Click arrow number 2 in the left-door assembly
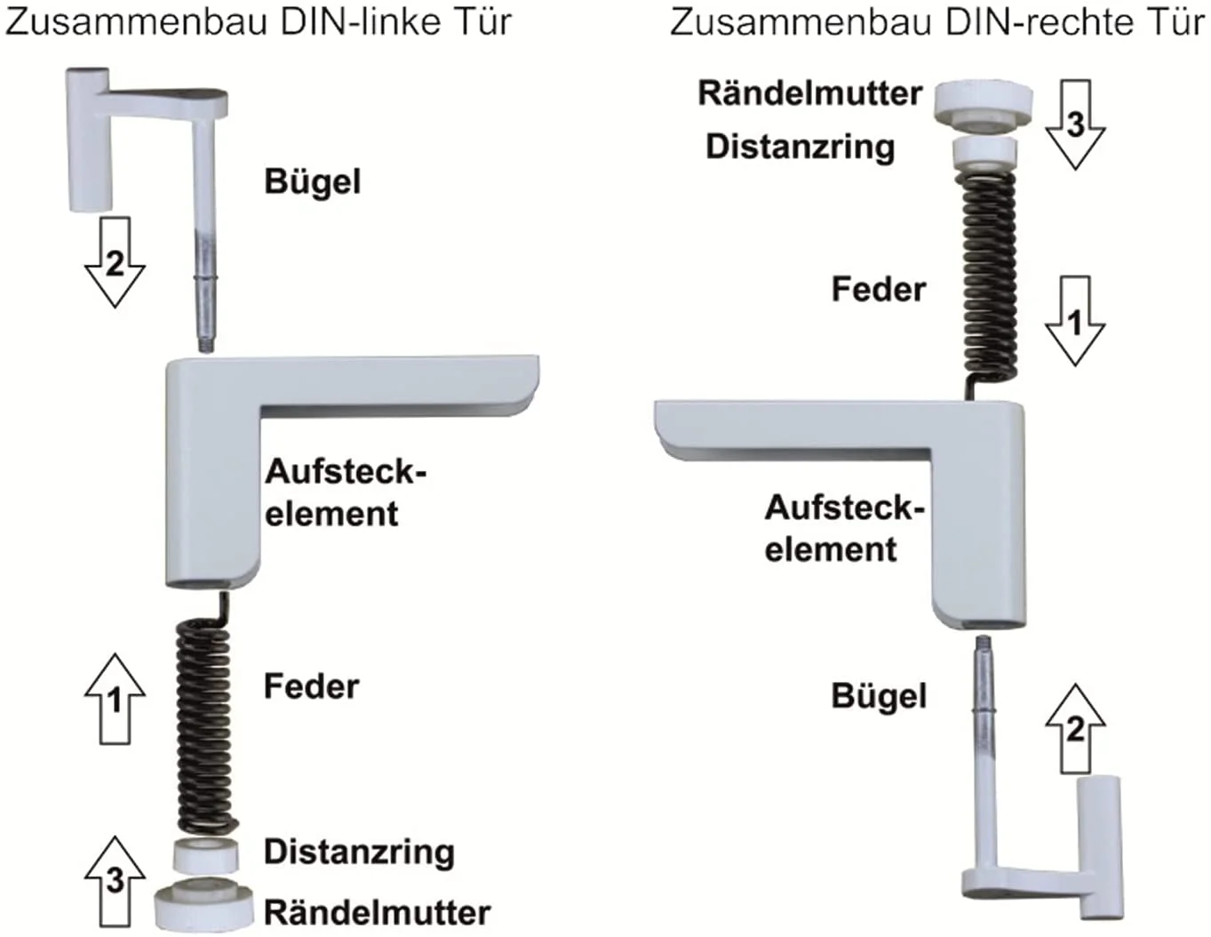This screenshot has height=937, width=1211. click(115, 263)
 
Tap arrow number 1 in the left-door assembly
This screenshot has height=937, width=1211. click(115, 700)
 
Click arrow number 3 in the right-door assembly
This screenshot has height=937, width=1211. click(1075, 124)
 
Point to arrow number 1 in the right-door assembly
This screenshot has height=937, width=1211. click(1075, 321)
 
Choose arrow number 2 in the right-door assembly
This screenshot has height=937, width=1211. click(1075, 728)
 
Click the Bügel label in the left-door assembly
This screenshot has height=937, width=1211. click(313, 182)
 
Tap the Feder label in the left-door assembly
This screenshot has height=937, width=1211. click(311, 686)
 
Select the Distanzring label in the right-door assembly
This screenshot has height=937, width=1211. click(800, 147)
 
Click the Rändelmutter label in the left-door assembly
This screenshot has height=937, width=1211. click(377, 912)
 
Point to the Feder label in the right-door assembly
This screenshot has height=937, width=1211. click(878, 290)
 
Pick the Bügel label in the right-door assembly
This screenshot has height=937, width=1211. click(879, 696)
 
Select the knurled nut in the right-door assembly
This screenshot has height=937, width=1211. click(984, 100)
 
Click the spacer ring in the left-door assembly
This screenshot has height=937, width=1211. click(205, 856)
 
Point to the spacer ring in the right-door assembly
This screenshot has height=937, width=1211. click(984, 152)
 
